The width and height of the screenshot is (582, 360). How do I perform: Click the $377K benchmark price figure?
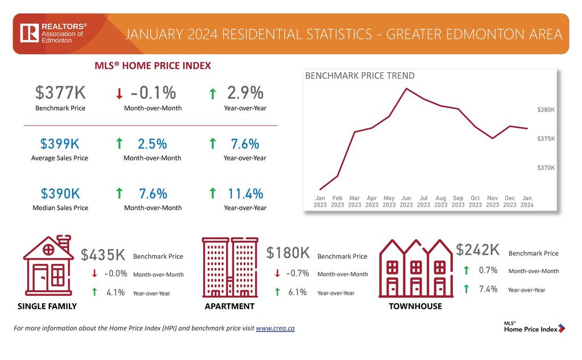(60, 93)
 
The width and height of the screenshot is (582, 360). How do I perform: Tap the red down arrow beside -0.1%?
(119, 93)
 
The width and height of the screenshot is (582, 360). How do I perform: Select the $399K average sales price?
(60, 144)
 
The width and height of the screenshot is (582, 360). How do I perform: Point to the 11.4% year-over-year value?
(246, 193)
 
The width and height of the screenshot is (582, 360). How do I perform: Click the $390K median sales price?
(60, 193)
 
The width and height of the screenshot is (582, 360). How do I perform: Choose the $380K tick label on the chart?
(546, 110)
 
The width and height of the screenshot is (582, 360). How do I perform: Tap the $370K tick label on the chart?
(546, 168)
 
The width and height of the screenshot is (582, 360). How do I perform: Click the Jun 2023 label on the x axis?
(406, 201)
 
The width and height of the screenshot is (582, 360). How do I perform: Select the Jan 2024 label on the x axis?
(527, 201)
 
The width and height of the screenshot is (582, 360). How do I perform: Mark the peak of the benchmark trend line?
(406, 88)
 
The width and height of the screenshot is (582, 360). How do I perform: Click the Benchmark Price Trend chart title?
(360, 76)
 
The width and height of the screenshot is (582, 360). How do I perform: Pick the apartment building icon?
(230, 267)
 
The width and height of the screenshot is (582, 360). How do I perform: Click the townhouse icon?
(415, 268)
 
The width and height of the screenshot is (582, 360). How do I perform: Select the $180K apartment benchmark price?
(288, 253)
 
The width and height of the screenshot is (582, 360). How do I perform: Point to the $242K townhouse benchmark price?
(477, 250)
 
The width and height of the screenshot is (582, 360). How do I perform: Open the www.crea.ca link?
(275, 328)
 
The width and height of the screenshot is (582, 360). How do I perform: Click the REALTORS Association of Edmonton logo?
(53, 33)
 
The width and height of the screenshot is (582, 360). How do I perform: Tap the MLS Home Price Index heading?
(152, 66)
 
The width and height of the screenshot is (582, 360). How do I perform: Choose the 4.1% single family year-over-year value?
(115, 292)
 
